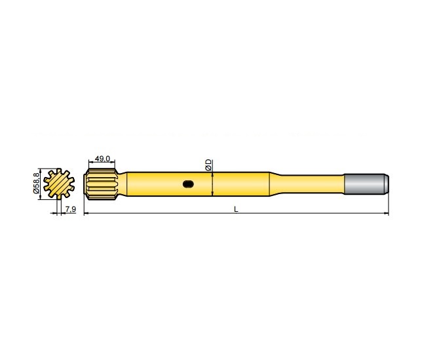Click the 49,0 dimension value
[102, 159]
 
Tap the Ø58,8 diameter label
[37, 183]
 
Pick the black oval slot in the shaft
[189, 184]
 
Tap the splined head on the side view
[100, 184]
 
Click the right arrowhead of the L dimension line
[387, 214]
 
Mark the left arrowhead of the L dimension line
[86, 214]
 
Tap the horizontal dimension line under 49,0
[102, 164]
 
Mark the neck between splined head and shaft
[121, 184]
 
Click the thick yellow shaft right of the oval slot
[236, 184]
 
